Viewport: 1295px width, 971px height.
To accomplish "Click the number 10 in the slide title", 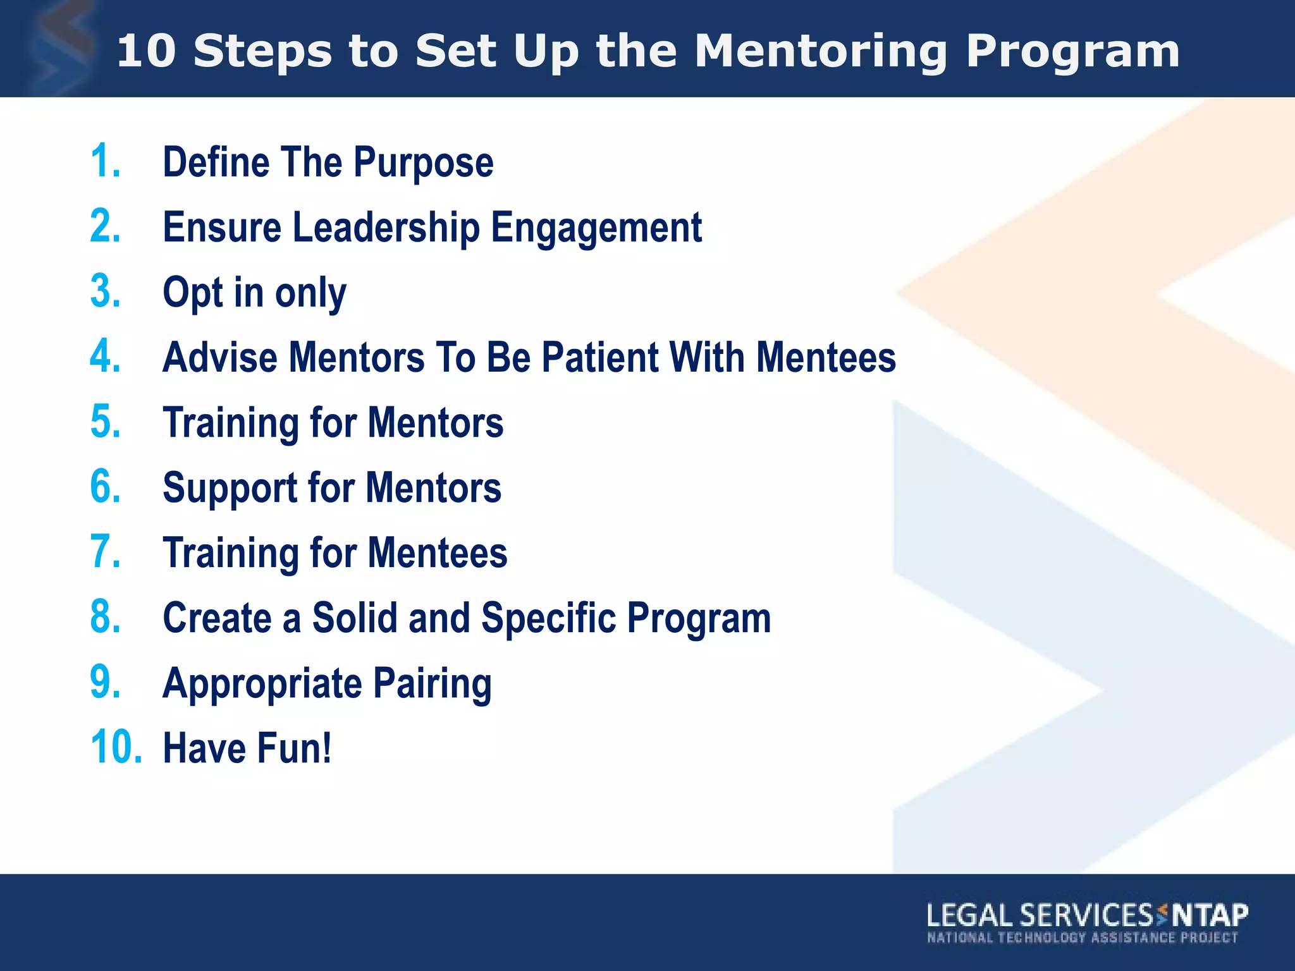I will coord(146,51).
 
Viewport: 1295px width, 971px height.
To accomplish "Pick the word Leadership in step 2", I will coord(386,228).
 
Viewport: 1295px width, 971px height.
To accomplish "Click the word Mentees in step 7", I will coord(437,553).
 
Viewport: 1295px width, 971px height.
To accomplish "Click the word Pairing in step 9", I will coord(431,684).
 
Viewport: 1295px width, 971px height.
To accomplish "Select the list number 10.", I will coord(116,747).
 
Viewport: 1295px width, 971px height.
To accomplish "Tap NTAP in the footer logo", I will coord(1209,915).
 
